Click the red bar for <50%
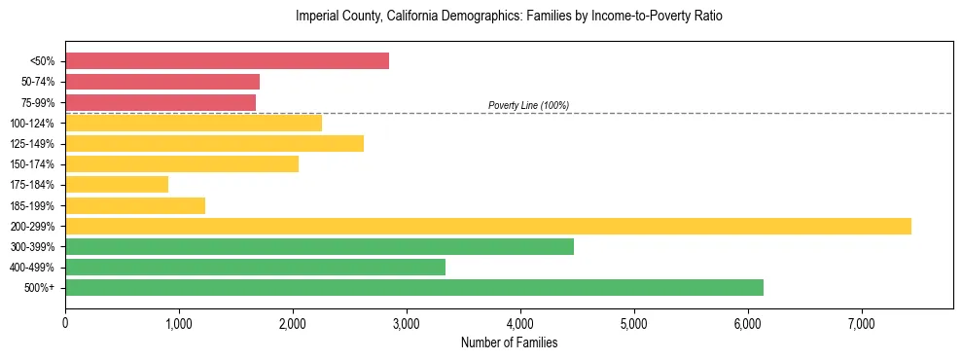227,61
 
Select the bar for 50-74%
162,82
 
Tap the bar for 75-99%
160,102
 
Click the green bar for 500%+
414,287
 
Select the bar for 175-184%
117,185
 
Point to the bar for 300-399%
319,246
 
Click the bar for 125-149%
214,144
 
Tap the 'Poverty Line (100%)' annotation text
528,105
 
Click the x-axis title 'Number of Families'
509,342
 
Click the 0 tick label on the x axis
65,322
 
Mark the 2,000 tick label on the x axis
293,322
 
